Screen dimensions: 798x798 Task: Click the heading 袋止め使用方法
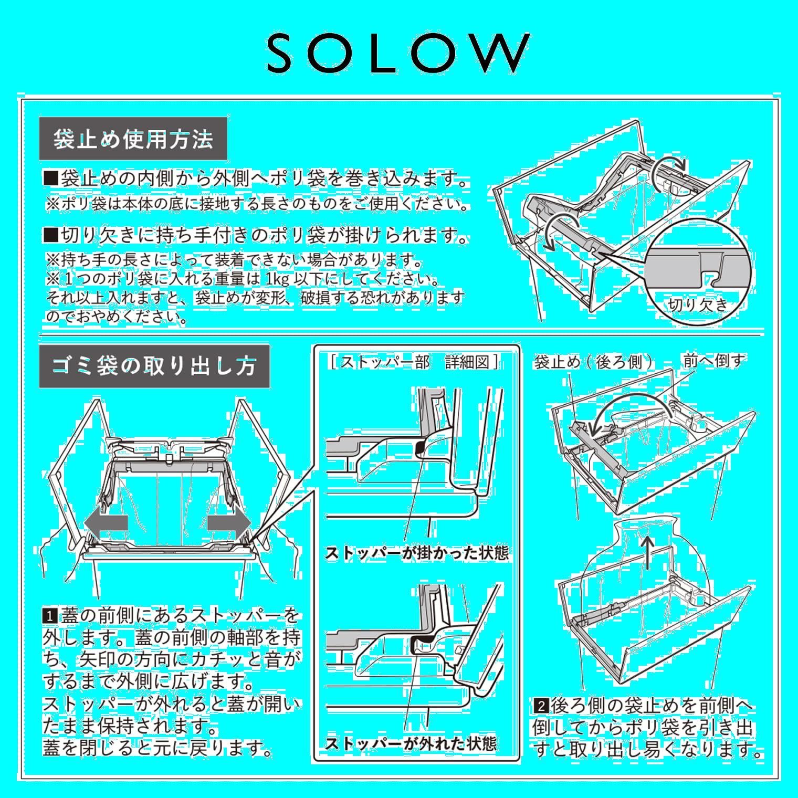[x=133, y=139]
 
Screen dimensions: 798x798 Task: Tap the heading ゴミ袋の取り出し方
[x=154, y=366]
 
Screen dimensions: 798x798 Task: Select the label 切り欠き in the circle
[x=698, y=304]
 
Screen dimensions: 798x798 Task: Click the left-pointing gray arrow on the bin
[x=106, y=523]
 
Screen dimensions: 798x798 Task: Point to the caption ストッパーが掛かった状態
[x=417, y=553]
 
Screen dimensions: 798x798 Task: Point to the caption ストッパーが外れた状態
[x=411, y=743]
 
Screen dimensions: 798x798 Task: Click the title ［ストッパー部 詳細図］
[x=415, y=362]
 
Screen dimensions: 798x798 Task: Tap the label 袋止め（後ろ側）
[x=595, y=362]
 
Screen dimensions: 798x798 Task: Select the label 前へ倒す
[x=713, y=361]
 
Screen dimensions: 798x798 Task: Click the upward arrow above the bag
[x=649, y=552]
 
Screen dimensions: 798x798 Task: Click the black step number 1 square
[x=50, y=615]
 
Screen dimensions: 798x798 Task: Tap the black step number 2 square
[x=541, y=705]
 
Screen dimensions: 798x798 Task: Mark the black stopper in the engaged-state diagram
[x=421, y=447]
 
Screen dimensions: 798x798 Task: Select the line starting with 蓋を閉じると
[x=158, y=748]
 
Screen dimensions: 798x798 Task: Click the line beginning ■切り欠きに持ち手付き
[x=255, y=236]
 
